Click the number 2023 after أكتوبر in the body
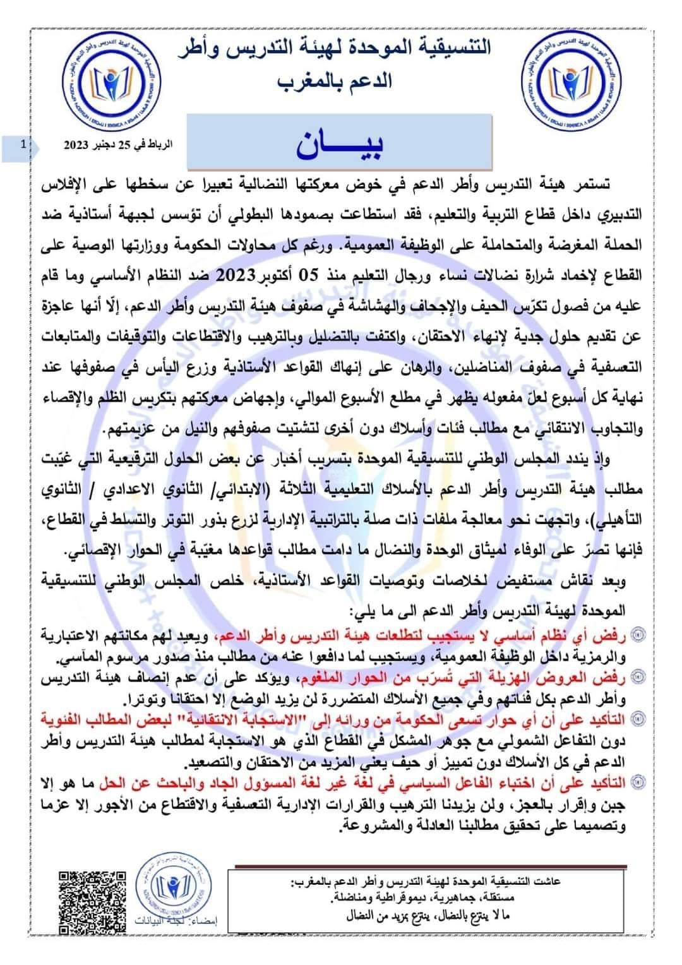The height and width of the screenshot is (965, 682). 236,275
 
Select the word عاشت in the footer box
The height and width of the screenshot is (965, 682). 547,882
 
